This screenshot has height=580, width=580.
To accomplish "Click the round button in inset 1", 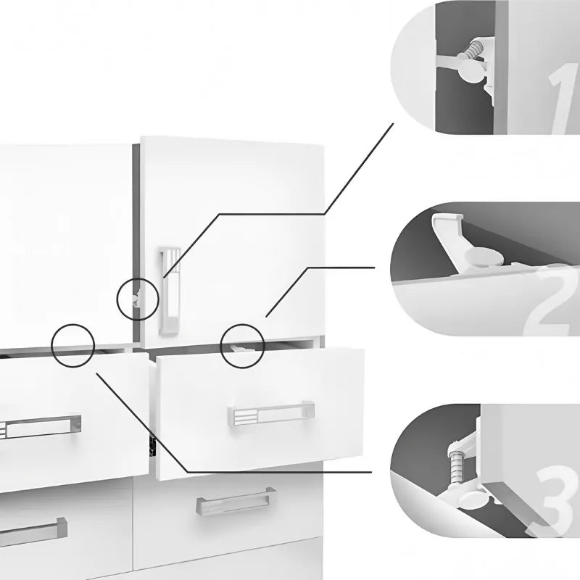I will [471, 73].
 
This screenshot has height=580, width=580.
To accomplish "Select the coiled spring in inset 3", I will [457, 463].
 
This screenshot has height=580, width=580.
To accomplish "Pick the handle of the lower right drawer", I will [235, 502].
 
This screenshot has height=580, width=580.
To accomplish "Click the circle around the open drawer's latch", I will [243, 344].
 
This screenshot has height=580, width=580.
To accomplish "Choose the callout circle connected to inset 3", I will [73, 345].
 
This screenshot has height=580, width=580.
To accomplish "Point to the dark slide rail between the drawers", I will [152, 442].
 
